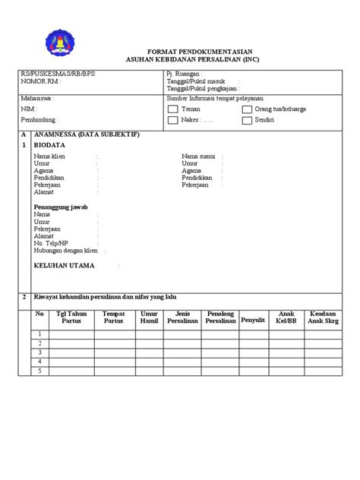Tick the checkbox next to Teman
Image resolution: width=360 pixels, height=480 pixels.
click(172, 109)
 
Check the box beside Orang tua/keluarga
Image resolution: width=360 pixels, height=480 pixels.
click(248, 109)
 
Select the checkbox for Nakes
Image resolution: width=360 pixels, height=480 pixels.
click(172, 120)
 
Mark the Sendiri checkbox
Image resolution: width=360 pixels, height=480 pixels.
click(248, 120)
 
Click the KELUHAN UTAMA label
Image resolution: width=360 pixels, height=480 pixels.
click(65, 266)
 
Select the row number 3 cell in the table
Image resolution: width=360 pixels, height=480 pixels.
click(40, 352)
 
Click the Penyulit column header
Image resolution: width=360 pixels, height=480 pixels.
click(254, 320)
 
